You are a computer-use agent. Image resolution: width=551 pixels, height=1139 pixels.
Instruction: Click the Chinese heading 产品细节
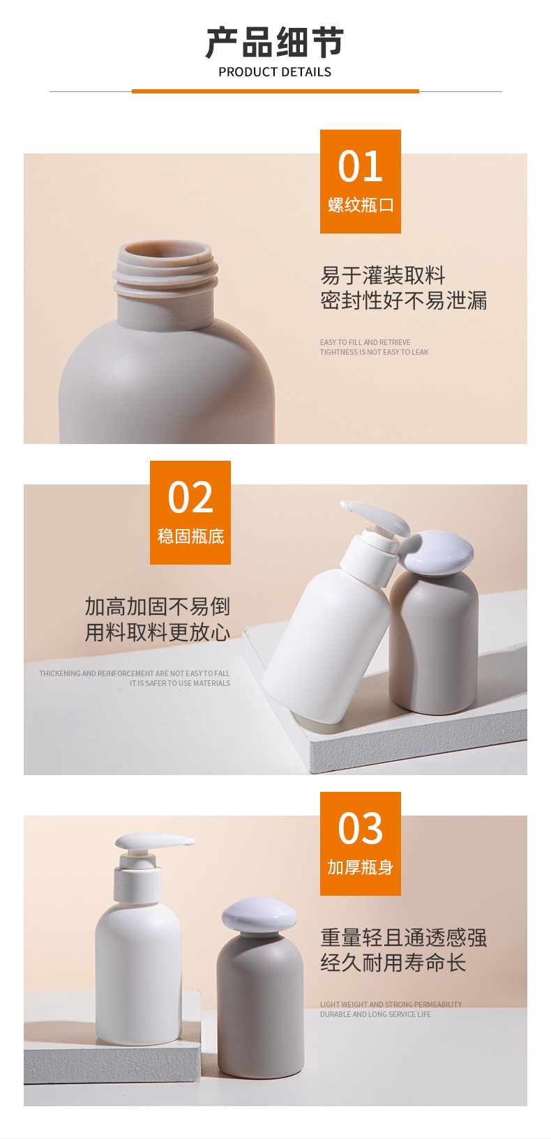click(x=275, y=43)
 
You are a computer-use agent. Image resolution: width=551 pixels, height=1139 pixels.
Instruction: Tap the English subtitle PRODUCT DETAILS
click(x=275, y=72)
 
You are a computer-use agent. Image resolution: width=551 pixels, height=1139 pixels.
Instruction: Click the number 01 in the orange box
click(x=360, y=167)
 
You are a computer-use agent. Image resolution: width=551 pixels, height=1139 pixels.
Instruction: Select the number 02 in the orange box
click(x=190, y=497)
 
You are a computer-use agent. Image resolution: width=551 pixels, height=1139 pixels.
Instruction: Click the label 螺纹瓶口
click(x=361, y=205)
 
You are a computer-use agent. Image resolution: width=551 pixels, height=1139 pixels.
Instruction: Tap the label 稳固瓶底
click(x=191, y=536)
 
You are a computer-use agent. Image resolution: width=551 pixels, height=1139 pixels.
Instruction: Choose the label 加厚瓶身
click(x=360, y=867)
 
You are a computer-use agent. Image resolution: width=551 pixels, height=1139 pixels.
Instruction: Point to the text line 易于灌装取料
click(x=383, y=275)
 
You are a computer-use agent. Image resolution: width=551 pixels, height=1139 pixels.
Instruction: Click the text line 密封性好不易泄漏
click(x=403, y=300)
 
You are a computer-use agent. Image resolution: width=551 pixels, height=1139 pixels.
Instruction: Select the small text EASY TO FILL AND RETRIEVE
click(x=365, y=342)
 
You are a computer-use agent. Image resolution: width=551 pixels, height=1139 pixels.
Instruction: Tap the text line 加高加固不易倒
click(x=157, y=606)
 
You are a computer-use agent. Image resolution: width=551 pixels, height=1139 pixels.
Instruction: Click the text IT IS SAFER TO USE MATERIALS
click(x=180, y=683)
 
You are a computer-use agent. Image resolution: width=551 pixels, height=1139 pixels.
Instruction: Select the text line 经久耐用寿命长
click(x=393, y=963)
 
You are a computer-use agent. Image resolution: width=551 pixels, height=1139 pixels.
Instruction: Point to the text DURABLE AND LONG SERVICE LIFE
click(x=375, y=1014)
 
